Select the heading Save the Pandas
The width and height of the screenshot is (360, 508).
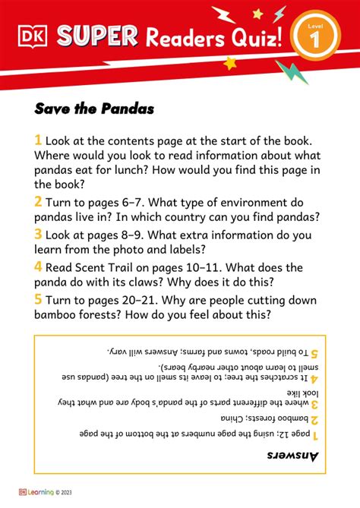(94, 109)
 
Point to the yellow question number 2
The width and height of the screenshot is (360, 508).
(38, 201)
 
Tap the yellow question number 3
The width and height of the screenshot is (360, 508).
(38, 235)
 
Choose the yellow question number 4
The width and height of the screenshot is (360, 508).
(38, 267)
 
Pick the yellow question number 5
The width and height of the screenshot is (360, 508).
(38, 298)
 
